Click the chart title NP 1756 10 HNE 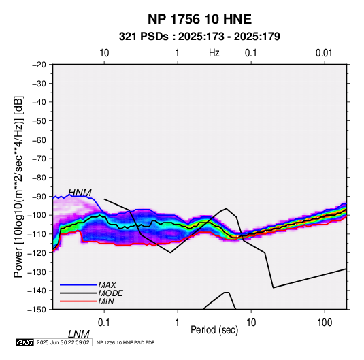(x=199, y=19)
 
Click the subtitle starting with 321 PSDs (x=199, y=37)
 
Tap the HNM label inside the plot (x=80, y=193)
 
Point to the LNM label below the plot (x=79, y=334)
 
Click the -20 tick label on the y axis (x=39, y=65)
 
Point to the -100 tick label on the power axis (x=37, y=215)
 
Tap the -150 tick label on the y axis (x=37, y=310)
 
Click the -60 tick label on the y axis (x=39, y=140)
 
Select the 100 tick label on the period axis (x=325, y=323)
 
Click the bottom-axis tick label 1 (x=178, y=323)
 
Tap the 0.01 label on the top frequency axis (x=324, y=53)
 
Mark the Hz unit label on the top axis (x=214, y=53)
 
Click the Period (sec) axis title (x=214, y=330)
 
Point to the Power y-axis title (x=18, y=186)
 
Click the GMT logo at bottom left (x=25, y=342)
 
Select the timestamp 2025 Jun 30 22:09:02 (x=63, y=342)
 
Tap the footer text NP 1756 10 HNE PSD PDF (x=125, y=342)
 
